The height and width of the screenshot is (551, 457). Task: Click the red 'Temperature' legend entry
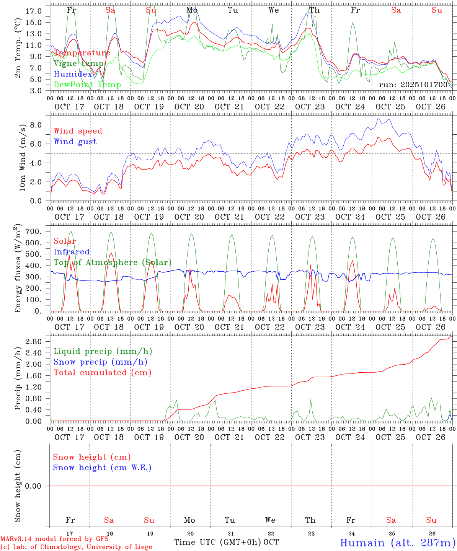point(82,53)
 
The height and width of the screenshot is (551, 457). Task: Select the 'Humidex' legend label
point(73,74)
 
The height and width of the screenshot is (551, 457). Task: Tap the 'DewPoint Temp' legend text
point(87,85)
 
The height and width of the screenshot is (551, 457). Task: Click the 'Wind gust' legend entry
point(75,142)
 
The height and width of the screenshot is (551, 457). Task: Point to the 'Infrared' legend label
point(72,252)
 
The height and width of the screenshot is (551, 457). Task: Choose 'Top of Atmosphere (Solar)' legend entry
point(113,262)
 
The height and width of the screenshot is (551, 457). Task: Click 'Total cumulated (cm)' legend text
point(103,372)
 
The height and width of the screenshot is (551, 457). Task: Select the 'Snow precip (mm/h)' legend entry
point(100,362)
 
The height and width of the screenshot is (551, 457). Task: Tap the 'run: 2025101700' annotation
point(413,85)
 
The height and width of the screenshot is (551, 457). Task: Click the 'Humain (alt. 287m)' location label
point(397,543)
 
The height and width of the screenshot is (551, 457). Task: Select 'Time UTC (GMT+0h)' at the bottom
point(217,542)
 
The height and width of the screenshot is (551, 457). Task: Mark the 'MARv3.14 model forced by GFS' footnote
point(54,539)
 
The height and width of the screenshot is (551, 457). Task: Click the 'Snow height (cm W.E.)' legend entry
point(102,468)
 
